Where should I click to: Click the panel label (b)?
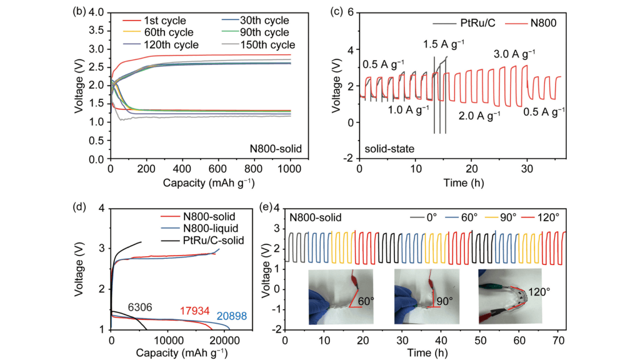(x=85, y=11)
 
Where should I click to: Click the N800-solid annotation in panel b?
(x=272, y=149)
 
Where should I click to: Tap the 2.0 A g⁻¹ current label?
(x=479, y=116)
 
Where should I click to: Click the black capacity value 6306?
(x=141, y=307)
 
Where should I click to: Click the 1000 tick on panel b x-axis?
(x=290, y=169)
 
